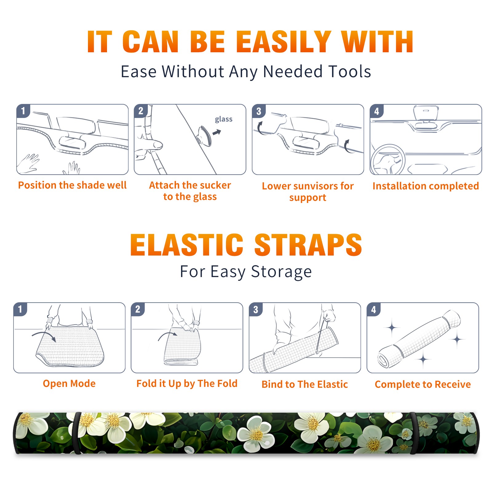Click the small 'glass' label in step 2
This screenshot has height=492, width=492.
(224, 119)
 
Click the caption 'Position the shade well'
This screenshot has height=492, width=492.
(72, 185)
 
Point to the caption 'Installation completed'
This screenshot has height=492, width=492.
(426, 186)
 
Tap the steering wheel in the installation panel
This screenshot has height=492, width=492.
(388, 160)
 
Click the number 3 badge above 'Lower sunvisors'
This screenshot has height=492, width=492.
(259, 111)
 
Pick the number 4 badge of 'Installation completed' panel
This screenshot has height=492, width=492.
(377, 111)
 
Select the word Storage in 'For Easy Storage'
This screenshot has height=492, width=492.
(281, 272)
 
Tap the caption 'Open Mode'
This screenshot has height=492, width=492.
(69, 383)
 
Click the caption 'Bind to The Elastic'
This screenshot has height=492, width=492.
(304, 384)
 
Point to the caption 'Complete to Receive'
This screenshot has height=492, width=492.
(423, 384)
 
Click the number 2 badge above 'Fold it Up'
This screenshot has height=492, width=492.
(137, 309)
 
